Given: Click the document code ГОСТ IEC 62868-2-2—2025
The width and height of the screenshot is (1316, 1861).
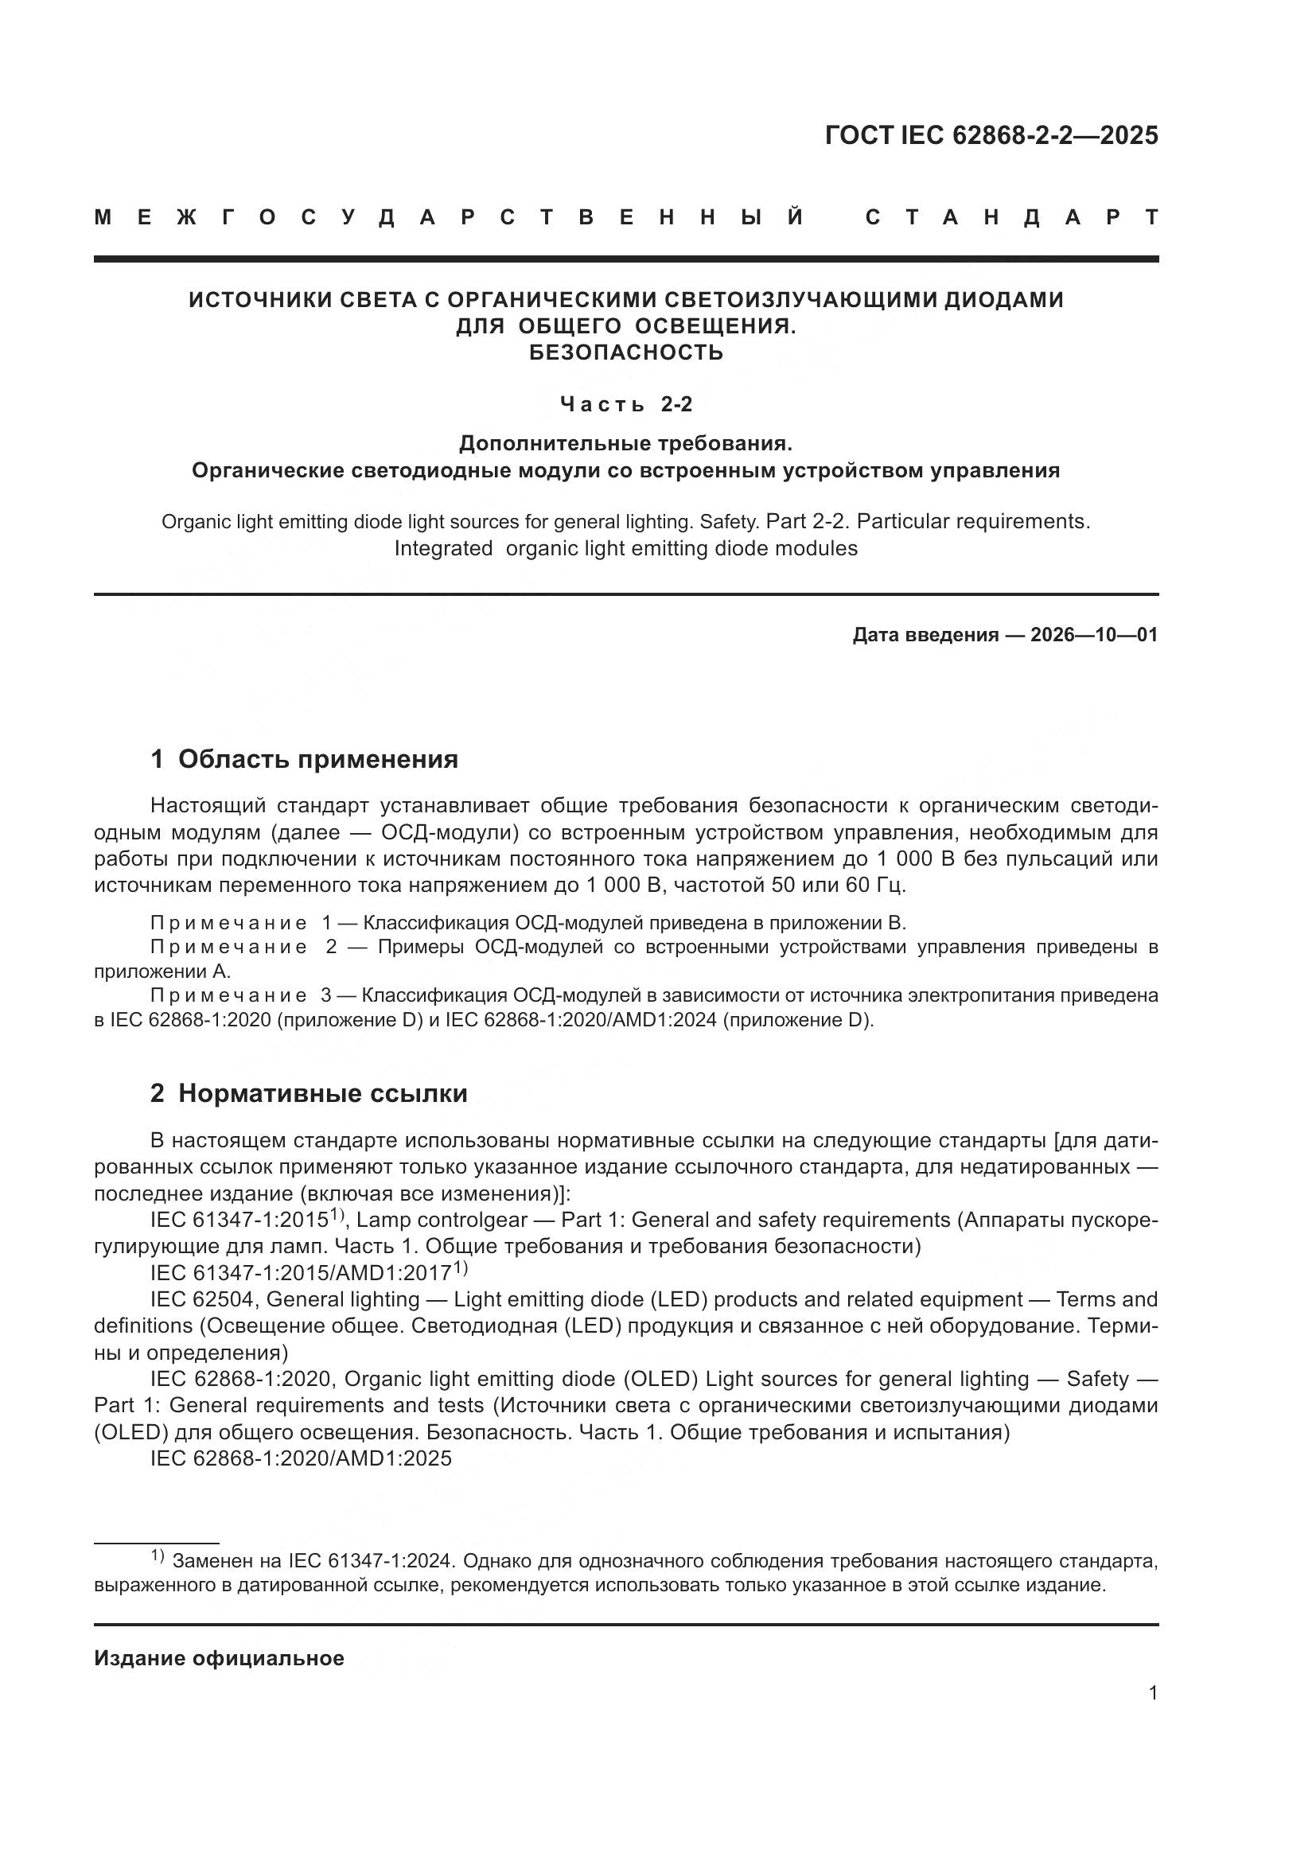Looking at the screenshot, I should coord(991,134).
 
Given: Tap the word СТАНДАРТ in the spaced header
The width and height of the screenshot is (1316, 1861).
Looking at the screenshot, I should coord(1011,217).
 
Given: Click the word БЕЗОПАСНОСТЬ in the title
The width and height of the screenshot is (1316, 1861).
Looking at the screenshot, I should coord(625,352).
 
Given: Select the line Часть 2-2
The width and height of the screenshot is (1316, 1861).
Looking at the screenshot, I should coord(625,403).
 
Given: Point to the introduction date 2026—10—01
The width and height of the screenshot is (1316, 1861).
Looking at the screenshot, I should coord(1093,635).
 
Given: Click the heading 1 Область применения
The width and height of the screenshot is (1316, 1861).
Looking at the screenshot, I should coord(304,759).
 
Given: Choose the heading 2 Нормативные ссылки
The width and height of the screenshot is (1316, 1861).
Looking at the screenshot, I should coord(309,1093).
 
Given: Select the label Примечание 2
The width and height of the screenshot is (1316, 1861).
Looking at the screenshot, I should coord(243,947).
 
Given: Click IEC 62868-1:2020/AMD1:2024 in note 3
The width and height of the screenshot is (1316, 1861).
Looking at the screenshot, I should coord(580,1020).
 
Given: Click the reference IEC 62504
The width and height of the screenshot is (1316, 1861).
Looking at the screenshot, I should coord(203,1299).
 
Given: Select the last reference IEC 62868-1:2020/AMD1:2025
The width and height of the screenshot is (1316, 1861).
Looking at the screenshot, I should coord(301,1458).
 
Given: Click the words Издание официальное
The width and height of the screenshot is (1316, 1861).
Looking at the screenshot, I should coord(219,1658).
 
